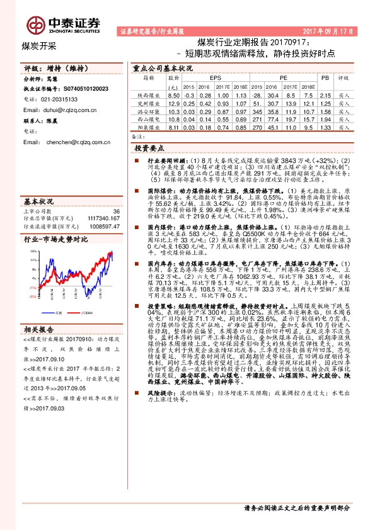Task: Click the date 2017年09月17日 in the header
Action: click(x=330, y=30)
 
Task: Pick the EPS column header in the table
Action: click(x=207, y=77)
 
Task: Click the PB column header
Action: click(x=325, y=77)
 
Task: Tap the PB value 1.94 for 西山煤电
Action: click(x=325, y=118)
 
